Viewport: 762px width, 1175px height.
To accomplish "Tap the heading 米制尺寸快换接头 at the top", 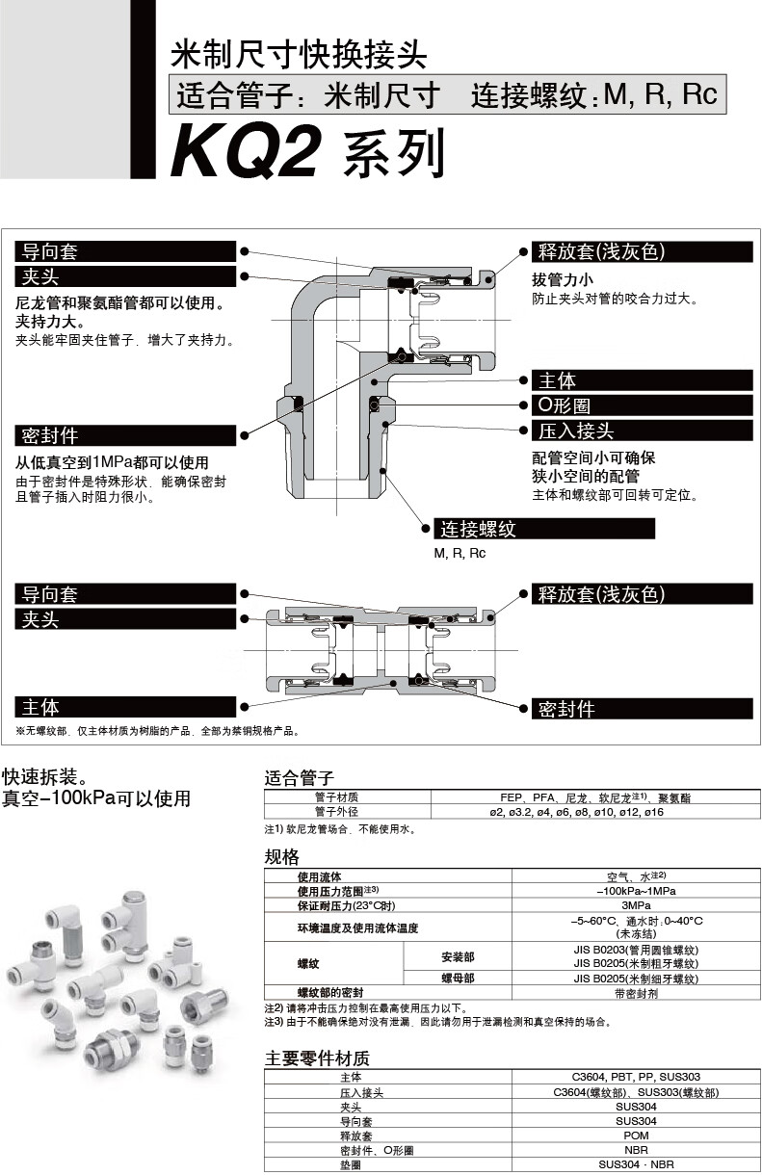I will pyautogui.click(x=298, y=54).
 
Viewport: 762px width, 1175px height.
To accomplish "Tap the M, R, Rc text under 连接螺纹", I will pyautogui.click(x=460, y=554).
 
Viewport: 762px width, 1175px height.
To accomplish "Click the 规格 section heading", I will pyautogui.click(x=282, y=857).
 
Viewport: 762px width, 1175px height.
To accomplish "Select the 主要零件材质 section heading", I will pyautogui.click(x=317, y=1057).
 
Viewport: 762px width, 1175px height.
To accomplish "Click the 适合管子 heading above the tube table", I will pyautogui.click(x=299, y=778).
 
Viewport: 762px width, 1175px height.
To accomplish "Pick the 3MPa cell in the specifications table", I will pyautogui.click(x=635, y=905).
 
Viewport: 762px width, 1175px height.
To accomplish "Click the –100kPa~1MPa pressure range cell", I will pyautogui.click(x=635, y=891).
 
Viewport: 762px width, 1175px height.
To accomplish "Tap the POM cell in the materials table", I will pyautogui.click(x=635, y=1136).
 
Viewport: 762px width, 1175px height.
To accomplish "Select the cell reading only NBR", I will pyautogui.click(x=635, y=1150).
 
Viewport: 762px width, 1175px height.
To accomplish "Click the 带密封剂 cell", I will pyautogui.click(x=635, y=992).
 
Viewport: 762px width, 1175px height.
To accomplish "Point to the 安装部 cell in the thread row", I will pyautogui.click(x=457, y=956).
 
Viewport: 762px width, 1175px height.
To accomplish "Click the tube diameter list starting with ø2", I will pyautogui.click(x=576, y=812).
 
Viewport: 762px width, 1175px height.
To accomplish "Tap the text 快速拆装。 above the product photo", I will pyautogui.click(x=48, y=776).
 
